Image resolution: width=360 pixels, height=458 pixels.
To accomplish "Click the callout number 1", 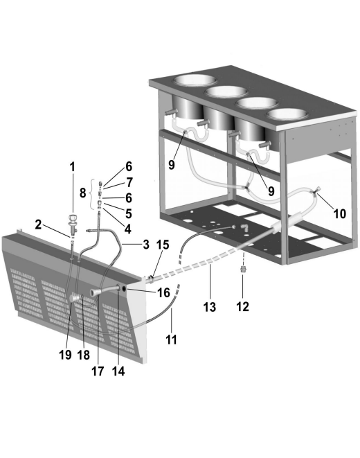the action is click(72, 167).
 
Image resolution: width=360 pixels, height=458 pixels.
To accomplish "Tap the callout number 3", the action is click(146, 244).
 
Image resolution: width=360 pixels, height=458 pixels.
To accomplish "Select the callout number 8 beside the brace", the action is click(83, 193).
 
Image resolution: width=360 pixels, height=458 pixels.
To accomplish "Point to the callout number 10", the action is click(340, 213).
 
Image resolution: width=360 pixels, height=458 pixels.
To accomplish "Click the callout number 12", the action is click(242, 306).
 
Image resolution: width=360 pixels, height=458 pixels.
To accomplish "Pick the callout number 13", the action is click(210, 307).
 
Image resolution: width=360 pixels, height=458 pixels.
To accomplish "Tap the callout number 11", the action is click(172, 340).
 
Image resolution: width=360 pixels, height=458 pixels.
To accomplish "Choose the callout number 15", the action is click(163, 245).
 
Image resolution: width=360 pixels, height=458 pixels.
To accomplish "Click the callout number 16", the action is click(163, 292).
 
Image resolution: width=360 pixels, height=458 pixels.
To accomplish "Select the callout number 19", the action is click(65, 355).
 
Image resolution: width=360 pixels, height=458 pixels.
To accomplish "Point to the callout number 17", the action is click(98, 371).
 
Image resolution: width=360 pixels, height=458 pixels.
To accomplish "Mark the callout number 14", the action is click(118, 371).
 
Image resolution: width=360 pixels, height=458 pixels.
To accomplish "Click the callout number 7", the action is click(129, 182).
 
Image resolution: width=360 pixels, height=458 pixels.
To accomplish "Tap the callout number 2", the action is click(38, 224).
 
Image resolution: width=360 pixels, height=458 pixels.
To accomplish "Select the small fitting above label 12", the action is click(242, 269).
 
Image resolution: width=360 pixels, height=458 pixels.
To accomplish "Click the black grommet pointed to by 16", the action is click(124, 289).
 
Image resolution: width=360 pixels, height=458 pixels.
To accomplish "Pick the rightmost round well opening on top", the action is click(287, 114).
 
